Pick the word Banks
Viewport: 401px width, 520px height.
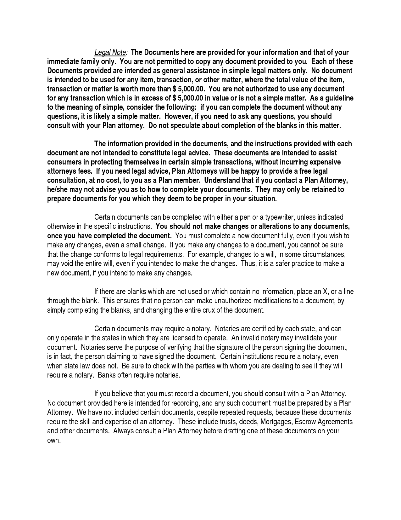coord(106,375)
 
